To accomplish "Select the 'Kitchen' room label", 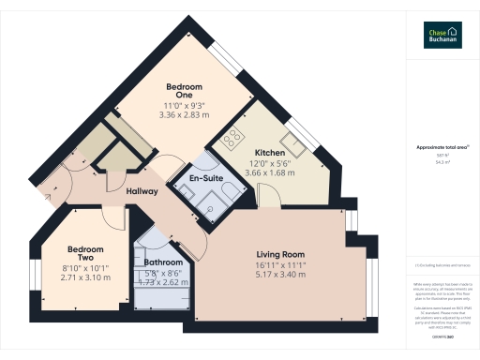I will click(270, 152).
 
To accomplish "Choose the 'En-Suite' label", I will click(205, 177).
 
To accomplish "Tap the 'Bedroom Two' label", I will click(84, 253).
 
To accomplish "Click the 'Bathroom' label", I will click(162, 263).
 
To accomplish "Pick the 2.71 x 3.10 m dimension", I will click(84, 278).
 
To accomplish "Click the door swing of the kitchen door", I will click(270, 195).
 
